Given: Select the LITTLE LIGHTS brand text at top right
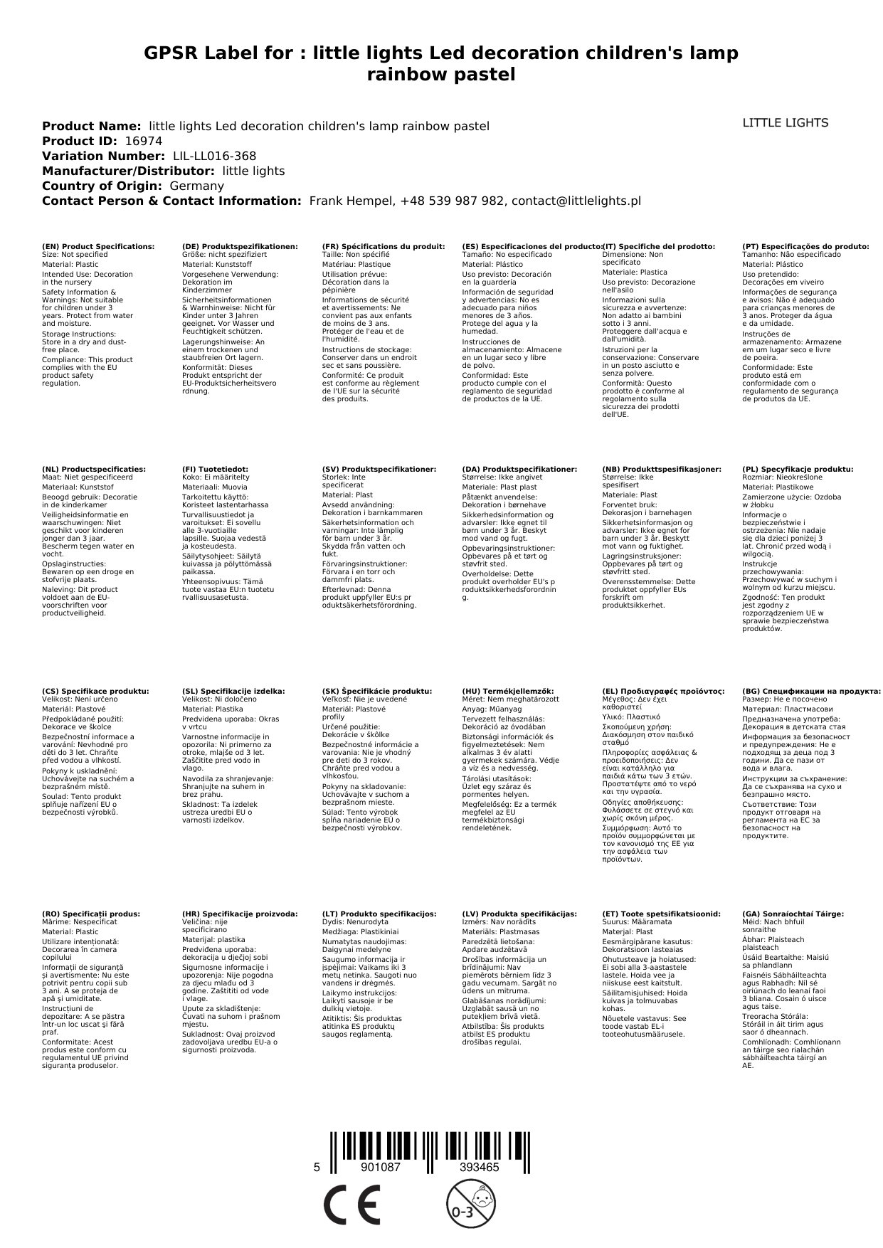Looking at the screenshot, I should pos(785,123).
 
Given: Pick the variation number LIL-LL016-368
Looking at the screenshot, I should pos(214,157).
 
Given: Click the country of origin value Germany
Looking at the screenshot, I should pos(196,186).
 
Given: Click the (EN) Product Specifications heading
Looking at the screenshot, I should pos(98,247).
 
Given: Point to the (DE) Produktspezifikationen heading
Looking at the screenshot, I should pos(240,247).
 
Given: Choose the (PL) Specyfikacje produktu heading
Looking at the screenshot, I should pos(797,470).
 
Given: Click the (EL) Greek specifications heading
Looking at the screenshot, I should pos(663,691).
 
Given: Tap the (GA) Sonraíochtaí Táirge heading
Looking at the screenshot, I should pos(793,914).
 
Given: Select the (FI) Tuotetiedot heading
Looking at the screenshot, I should pos(215,470).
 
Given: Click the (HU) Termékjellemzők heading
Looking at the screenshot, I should pos(507,691).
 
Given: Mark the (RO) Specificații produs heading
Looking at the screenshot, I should pos(91,914).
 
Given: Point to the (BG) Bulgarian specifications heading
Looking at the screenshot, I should pos(811,691).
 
